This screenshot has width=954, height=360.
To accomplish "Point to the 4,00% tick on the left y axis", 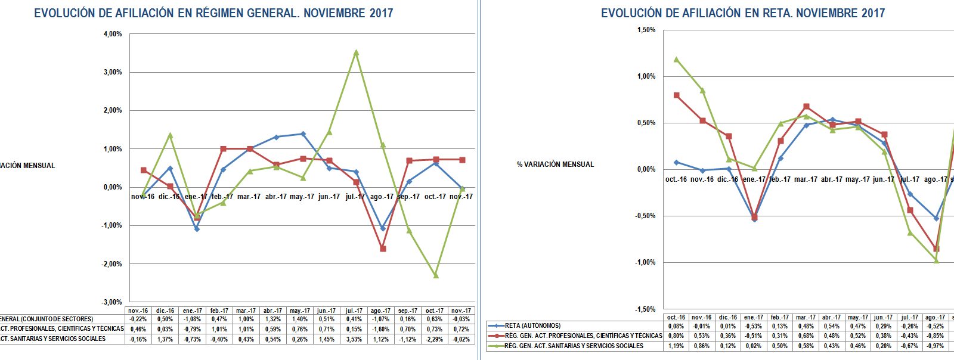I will click(112, 34).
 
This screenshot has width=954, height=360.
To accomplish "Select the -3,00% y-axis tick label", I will click(111, 302).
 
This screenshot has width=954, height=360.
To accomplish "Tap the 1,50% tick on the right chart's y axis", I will click(646, 30).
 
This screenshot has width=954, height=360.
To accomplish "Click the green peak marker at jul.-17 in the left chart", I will click(356, 52).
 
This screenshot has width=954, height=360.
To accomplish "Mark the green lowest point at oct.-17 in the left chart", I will click(435, 275).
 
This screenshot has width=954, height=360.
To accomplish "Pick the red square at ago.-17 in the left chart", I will click(383, 249).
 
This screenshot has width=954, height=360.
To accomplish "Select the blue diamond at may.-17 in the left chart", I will click(303, 134).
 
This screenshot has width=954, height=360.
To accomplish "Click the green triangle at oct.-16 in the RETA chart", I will click(676, 59).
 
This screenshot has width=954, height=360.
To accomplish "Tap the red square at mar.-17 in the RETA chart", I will click(806, 106).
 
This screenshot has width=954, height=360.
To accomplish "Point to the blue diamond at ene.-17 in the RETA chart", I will click(754, 219).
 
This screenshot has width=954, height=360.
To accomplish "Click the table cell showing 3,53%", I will click(354, 339).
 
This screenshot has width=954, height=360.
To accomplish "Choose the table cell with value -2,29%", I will click(435, 339).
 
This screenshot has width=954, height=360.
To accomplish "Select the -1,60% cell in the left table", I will click(381, 329).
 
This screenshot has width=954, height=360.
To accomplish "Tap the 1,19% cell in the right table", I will click(676, 346).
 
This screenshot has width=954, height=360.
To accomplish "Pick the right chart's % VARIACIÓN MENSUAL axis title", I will click(555, 165).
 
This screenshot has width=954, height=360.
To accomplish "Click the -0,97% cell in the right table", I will click(936, 346).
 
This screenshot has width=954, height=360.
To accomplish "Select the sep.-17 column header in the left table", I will click(408, 311).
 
